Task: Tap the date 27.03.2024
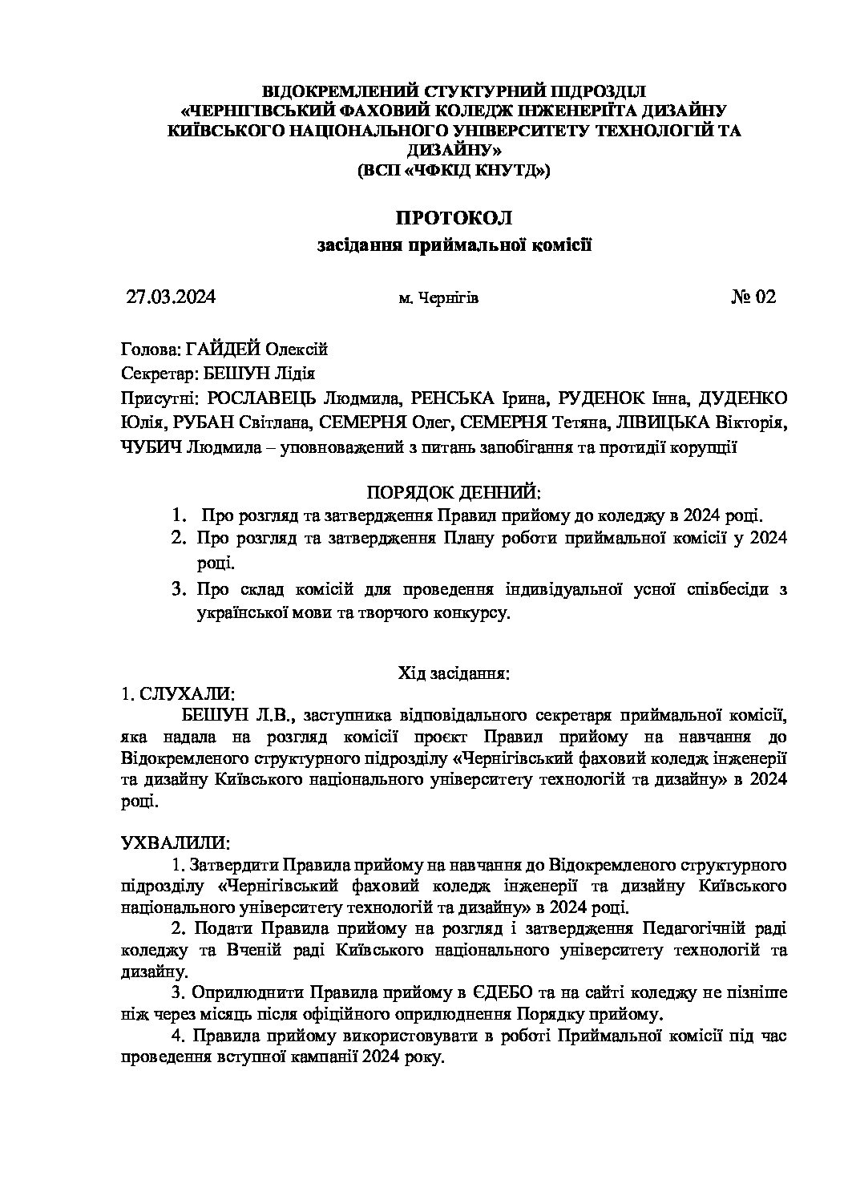171,297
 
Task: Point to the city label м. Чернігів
438,298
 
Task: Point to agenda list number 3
180,590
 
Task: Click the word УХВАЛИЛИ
175,843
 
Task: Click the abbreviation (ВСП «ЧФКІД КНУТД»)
454,169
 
